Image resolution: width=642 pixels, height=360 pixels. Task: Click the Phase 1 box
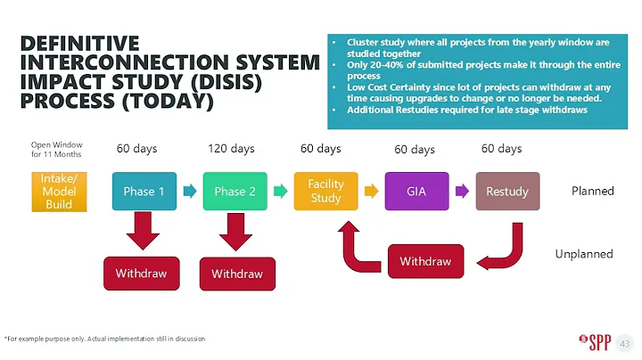tap(144, 191)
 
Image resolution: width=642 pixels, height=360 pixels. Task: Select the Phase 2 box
tap(235, 191)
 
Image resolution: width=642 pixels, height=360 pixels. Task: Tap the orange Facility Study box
tap(325, 191)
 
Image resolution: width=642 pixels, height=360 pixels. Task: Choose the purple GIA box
tap(416, 191)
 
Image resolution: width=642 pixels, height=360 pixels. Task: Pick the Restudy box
tap(507, 191)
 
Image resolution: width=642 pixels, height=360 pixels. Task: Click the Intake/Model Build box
tap(59, 191)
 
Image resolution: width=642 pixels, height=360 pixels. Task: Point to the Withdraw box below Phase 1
tap(142, 273)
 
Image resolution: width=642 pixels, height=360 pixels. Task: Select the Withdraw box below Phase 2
tap(237, 274)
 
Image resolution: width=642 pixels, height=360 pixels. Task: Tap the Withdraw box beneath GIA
tap(425, 261)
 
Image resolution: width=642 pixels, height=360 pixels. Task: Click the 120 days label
tap(231, 149)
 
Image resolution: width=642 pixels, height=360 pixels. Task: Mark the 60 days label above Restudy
tap(501, 149)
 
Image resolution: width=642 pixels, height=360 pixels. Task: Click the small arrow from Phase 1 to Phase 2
tap(189, 191)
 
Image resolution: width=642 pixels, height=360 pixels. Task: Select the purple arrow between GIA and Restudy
tap(462, 191)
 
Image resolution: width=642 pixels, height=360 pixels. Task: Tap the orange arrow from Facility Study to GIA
tap(371, 191)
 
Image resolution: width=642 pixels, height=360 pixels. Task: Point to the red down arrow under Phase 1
tap(143, 231)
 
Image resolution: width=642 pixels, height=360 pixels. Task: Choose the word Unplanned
tap(584, 254)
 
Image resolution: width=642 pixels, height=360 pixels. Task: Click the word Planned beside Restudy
tap(593, 191)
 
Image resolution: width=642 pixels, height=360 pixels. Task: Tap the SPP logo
tap(592, 341)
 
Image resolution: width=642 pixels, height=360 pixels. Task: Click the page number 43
tap(624, 342)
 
